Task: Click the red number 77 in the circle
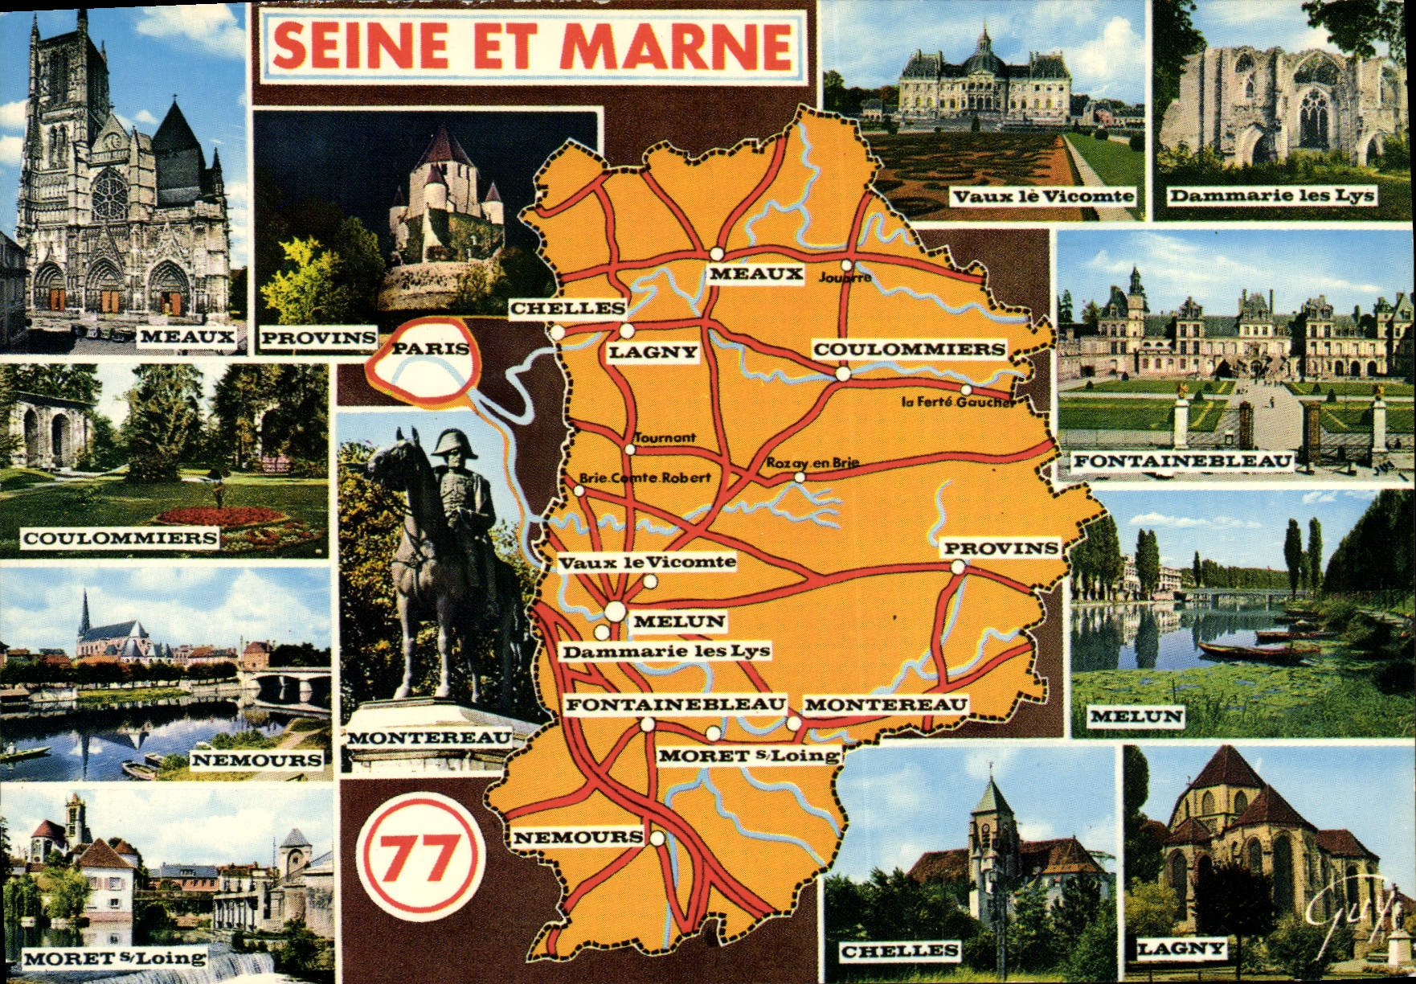[x=419, y=858]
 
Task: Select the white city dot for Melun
[x=615, y=612]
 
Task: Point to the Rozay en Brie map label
[x=812, y=463]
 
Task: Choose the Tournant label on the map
[x=665, y=438]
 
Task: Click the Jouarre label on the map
[x=845, y=278]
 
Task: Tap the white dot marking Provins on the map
[x=957, y=567]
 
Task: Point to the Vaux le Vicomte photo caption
[x=1043, y=196]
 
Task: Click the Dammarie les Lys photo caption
[x=1271, y=195]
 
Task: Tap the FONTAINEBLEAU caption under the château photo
[x=1183, y=461]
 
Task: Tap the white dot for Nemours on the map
[x=657, y=839]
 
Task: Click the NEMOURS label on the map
[x=578, y=837]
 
